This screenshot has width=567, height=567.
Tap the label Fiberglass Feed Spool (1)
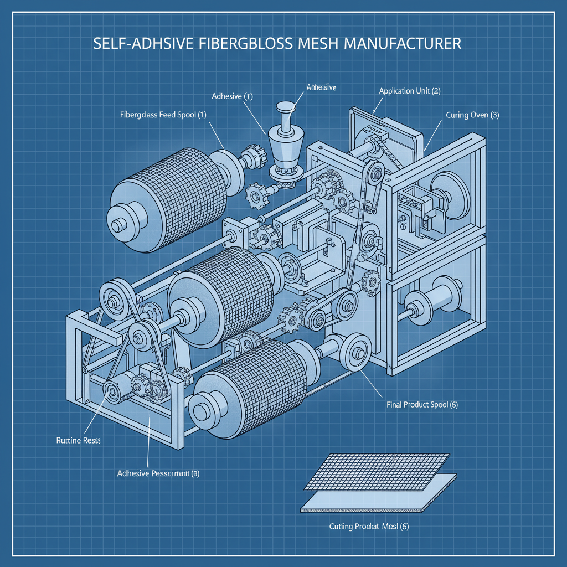163,115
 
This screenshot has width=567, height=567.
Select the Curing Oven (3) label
472,115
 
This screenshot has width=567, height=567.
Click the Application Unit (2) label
410,91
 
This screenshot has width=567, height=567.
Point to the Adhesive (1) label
232,96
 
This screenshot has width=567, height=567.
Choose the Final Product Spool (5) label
422,405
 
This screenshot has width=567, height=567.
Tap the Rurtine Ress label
78,441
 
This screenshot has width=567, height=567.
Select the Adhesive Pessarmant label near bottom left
158,473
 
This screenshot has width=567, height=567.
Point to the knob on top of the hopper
287,107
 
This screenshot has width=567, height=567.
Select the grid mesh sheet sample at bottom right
379,471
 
